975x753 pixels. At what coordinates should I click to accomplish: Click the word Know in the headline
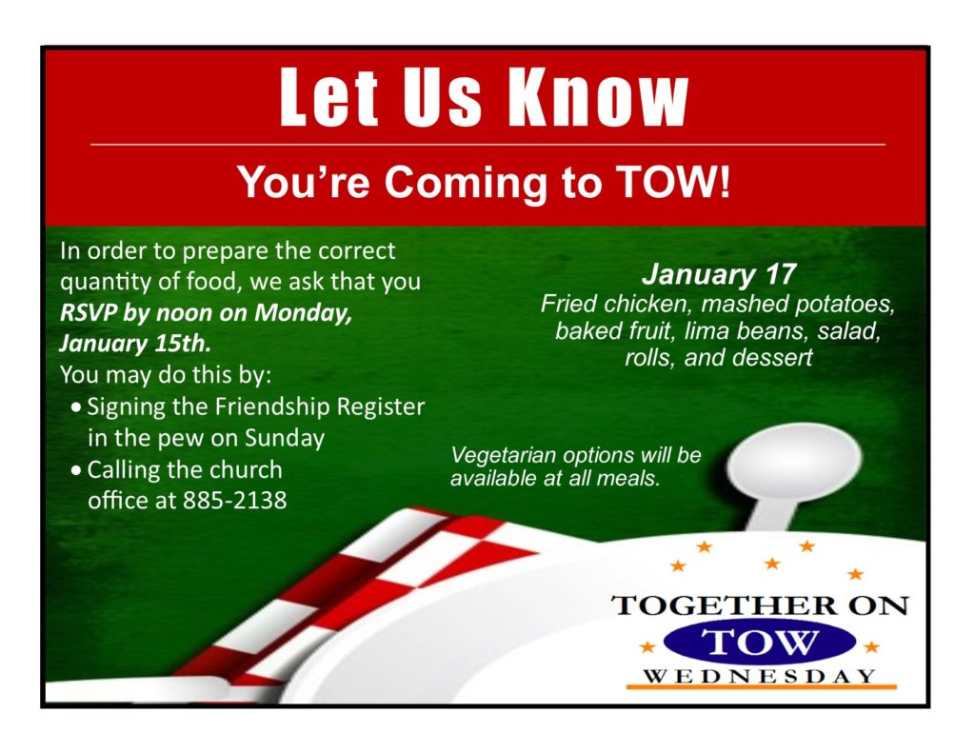pos(599,97)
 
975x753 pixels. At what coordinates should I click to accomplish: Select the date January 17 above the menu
pos(719,274)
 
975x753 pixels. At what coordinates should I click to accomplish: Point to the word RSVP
pos(88,312)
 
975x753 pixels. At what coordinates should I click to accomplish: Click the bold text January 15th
pos(135,344)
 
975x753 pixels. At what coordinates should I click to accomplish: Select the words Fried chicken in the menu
pos(615,304)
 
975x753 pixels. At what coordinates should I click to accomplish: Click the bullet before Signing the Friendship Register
pos(76,408)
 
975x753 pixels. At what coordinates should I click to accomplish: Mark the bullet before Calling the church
pos(76,471)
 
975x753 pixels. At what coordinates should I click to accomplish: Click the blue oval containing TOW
pos(759,643)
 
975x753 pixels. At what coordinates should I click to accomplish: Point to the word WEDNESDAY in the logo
pos(760,676)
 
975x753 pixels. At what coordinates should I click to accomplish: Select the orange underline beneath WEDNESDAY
pos(761,687)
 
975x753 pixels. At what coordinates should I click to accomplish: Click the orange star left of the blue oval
pos(647,647)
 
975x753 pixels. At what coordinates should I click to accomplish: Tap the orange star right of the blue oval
pos(872,647)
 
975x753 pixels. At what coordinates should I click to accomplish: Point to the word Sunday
pos(284,438)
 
